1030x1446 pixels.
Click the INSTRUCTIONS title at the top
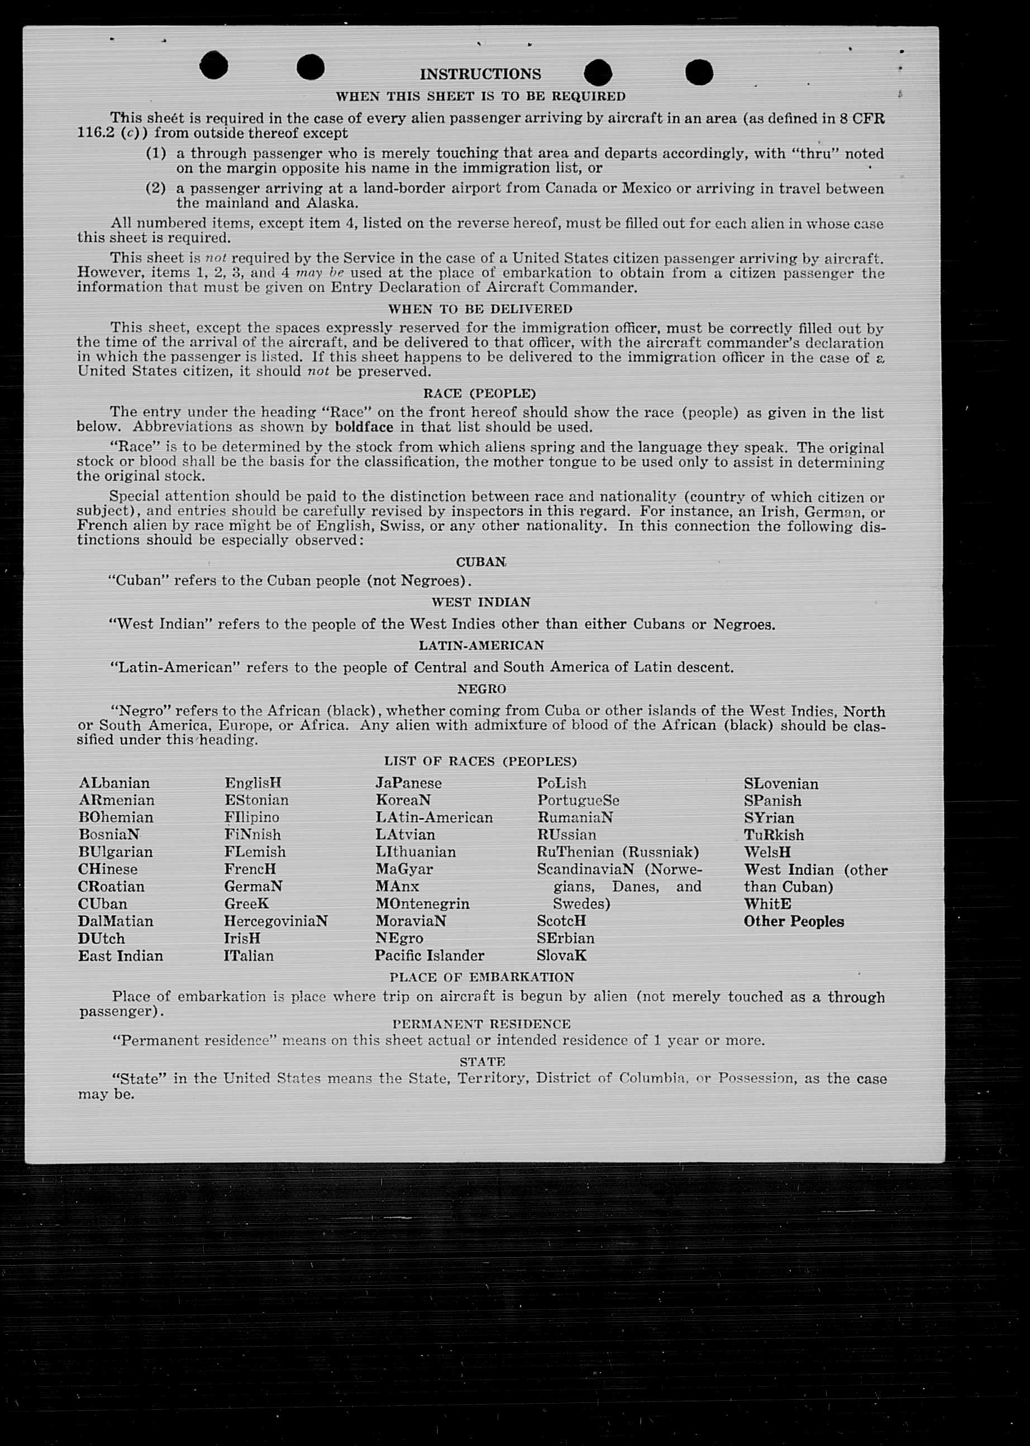[x=480, y=74]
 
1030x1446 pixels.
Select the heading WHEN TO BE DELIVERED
[x=480, y=309]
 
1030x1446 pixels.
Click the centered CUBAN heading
[x=481, y=562]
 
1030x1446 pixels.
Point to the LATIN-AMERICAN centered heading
[x=481, y=646]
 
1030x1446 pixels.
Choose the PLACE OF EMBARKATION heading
[x=481, y=977]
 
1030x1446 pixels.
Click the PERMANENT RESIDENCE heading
[x=481, y=1024]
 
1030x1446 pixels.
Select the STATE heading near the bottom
[x=482, y=1062]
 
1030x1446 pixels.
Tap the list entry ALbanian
[x=114, y=783]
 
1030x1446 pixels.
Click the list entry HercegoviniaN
[x=275, y=921]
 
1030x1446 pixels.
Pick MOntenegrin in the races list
[x=422, y=904]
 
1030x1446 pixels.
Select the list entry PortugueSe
[x=578, y=800]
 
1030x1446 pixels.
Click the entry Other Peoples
[x=793, y=922]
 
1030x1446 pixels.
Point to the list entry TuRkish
[x=774, y=835]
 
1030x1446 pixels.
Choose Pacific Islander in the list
[x=429, y=956]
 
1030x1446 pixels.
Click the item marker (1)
[x=155, y=154]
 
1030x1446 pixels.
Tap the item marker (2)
[x=155, y=188]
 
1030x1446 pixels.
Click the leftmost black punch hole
[x=214, y=65]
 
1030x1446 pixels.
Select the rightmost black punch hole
[x=699, y=71]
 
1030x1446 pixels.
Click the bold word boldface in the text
[x=364, y=427]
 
